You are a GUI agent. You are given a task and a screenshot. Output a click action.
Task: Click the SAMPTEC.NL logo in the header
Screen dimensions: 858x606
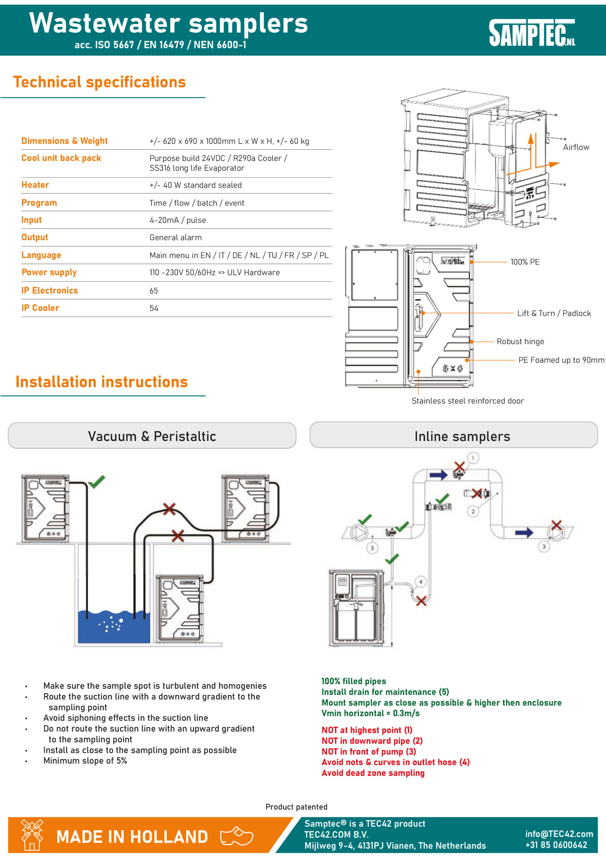pyautogui.click(x=532, y=33)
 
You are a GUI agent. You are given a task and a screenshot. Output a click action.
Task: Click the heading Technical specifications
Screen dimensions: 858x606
pyautogui.click(x=99, y=82)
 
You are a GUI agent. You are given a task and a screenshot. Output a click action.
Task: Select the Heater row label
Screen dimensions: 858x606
pyautogui.click(x=35, y=185)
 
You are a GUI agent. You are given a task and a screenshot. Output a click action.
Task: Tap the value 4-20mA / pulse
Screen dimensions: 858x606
pyautogui.click(x=178, y=220)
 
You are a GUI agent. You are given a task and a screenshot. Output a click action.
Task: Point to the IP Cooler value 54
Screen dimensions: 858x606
pyautogui.click(x=154, y=308)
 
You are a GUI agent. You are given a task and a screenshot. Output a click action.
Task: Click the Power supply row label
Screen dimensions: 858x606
pyautogui.click(x=49, y=272)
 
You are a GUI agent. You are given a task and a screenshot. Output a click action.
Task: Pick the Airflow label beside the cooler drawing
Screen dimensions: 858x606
pyautogui.click(x=576, y=147)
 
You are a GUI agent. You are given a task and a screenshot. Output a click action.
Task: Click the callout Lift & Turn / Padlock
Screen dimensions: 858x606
pyautogui.click(x=554, y=313)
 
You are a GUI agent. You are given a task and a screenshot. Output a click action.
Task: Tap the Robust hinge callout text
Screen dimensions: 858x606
pyautogui.click(x=520, y=342)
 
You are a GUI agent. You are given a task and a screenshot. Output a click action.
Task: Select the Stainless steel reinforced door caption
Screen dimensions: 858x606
pyautogui.click(x=467, y=401)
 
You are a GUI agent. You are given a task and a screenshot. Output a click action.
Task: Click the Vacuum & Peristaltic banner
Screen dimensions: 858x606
pyautogui.click(x=152, y=436)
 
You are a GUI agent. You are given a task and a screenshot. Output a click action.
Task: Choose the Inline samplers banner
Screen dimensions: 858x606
pyautogui.click(x=462, y=436)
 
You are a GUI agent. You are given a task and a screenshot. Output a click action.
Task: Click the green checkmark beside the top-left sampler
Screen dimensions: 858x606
pyautogui.click(x=96, y=482)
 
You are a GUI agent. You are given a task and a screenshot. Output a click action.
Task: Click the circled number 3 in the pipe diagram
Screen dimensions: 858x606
pyautogui.click(x=544, y=546)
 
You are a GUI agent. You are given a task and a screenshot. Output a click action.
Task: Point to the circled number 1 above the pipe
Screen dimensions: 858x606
pyautogui.click(x=473, y=458)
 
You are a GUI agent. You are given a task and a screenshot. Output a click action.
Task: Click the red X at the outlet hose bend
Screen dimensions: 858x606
pyautogui.click(x=421, y=601)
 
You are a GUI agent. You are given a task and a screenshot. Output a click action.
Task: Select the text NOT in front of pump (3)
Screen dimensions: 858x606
pyautogui.click(x=369, y=751)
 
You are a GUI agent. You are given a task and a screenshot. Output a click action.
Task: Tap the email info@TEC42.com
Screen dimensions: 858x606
pyautogui.click(x=559, y=834)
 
